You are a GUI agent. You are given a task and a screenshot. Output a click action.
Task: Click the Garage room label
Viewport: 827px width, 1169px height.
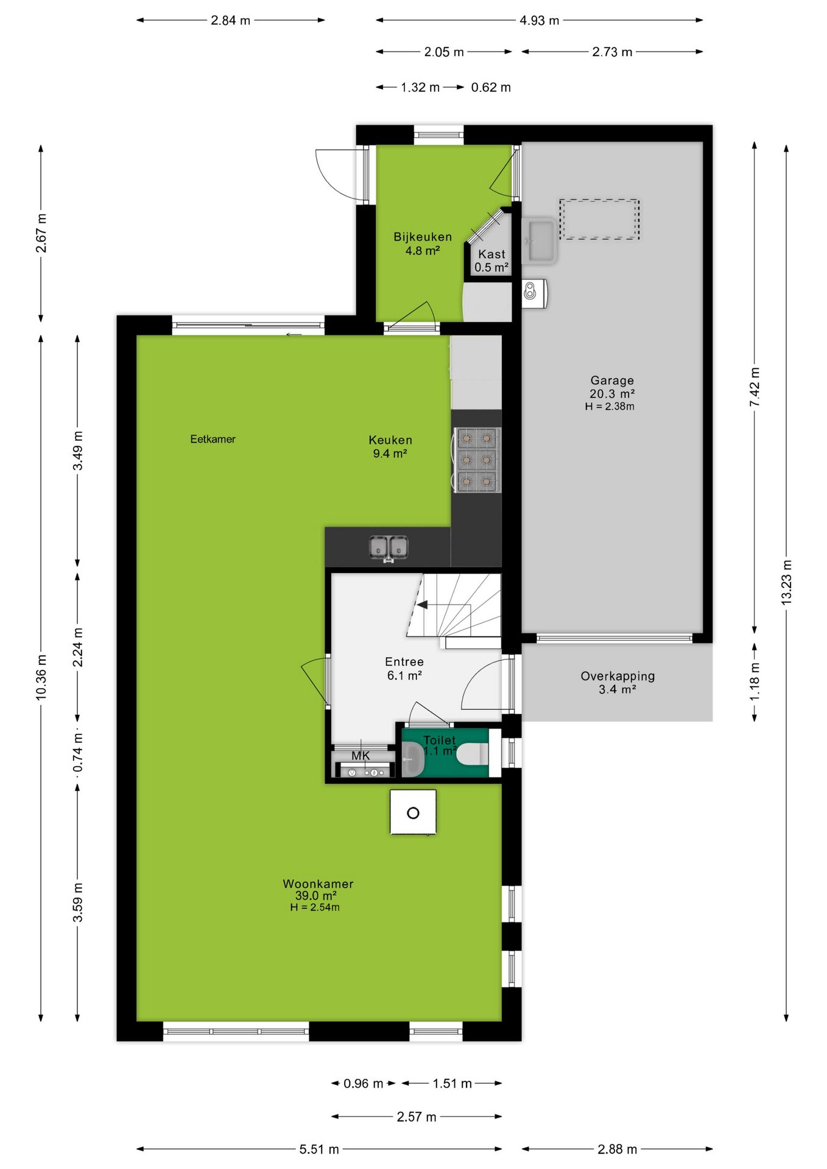[612, 381]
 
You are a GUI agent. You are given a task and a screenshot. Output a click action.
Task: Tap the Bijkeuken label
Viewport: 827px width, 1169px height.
[423, 237]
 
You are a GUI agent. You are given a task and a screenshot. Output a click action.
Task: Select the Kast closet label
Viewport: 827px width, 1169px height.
[491, 254]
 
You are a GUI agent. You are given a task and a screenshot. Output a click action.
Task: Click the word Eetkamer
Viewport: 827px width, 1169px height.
[213, 439]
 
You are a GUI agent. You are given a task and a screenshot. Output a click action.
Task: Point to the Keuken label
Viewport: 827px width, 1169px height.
[390, 440]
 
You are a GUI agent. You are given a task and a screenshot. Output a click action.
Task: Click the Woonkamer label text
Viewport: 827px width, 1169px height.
[318, 883]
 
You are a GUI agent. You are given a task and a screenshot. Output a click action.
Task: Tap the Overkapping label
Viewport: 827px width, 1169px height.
[618, 676]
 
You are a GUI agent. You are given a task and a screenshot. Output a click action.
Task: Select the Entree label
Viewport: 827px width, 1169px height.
[404, 662]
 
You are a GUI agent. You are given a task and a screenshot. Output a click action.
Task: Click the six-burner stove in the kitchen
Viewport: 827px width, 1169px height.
[477, 459]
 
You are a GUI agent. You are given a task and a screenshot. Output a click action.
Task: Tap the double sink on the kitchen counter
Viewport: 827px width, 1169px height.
[389, 547]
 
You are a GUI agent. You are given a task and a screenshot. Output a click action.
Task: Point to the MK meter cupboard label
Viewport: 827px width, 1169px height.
[361, 756]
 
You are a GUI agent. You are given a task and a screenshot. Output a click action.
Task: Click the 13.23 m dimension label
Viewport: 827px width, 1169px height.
[786, 581]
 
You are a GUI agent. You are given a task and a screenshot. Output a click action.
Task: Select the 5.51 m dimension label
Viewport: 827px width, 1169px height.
[319, 1149]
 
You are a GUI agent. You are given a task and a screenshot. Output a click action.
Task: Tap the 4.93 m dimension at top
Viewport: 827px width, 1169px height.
[539, 20]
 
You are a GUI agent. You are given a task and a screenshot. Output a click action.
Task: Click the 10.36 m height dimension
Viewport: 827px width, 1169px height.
[41, 677]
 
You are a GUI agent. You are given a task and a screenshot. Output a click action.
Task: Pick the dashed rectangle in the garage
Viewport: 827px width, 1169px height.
[599, 219]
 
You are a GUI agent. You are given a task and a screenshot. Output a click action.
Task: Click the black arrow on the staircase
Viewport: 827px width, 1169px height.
[422, 605]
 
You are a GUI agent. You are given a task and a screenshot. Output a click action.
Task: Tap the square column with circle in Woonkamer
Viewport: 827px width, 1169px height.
[413, 812]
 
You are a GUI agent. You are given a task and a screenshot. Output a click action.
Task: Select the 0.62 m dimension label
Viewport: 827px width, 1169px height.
[491, 87]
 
